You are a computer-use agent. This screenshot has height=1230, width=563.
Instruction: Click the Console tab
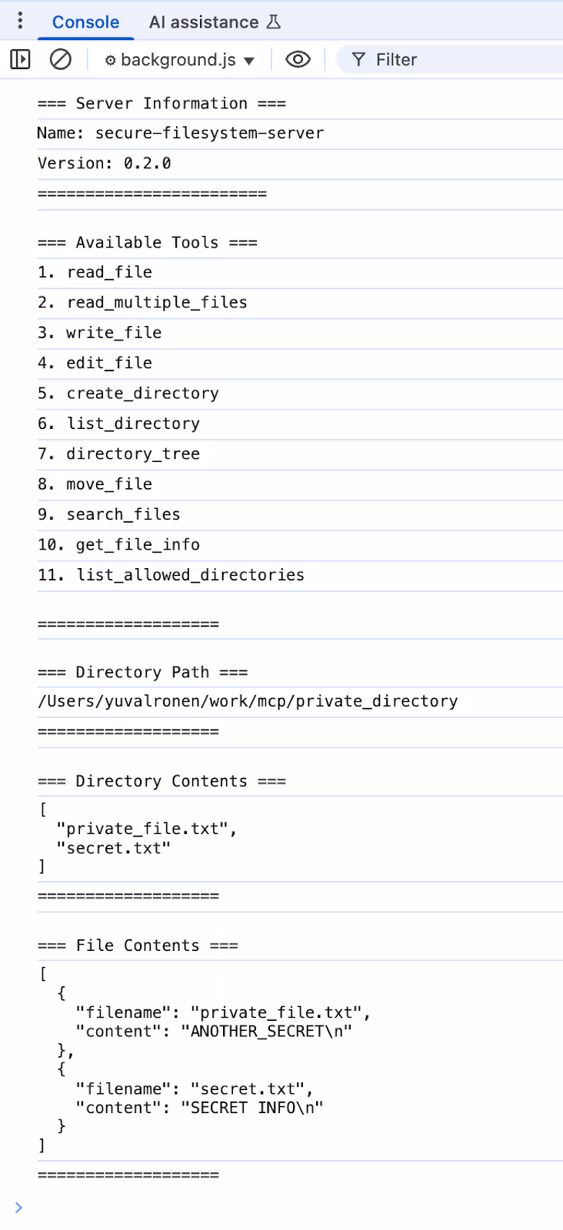point(85,22)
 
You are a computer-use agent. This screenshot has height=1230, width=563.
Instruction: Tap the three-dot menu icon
point(20,21)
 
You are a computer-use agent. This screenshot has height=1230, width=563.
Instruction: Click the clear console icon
point(60,59)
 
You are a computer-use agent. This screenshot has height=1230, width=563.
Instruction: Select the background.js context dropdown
point(179,60)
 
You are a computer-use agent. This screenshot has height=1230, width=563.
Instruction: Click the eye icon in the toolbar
point(298,59)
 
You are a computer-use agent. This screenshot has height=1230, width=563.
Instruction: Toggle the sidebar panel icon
point(20,59)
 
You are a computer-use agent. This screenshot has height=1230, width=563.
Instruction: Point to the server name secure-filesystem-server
point(209,133)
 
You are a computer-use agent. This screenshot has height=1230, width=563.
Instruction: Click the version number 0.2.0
point(147,163)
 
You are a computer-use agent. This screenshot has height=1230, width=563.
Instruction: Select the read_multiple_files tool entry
point(157,302)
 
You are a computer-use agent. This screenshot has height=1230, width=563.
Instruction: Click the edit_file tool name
point(109,363)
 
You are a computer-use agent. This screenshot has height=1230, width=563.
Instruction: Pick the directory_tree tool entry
point(133,454)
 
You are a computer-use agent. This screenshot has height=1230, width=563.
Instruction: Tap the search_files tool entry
point(123,514)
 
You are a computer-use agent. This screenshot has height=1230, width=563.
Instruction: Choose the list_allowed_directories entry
point(190,575)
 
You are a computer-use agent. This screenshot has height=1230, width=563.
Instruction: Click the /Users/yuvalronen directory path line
point(248,701)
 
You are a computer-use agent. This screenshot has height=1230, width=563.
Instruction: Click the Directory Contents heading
point(162,781)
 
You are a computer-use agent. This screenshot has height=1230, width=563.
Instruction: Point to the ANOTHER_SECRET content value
point(266,1031)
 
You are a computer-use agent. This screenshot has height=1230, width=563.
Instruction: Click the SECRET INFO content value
point(252,1108)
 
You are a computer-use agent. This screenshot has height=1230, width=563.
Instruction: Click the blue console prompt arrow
point(18,1207)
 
